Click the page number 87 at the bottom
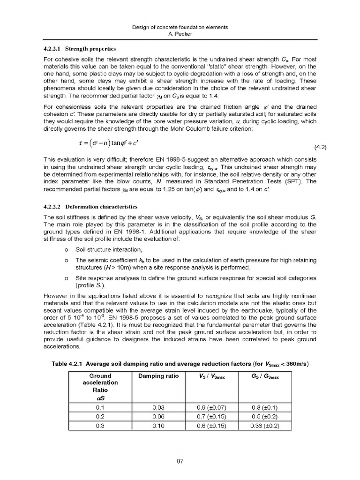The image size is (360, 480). (x=180, y=461)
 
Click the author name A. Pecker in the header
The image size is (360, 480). (x=180, y=34)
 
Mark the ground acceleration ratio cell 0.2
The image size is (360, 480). (x=100, y=417)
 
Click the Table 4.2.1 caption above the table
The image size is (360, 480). (x=180, y=364)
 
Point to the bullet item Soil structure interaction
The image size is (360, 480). (x=108, y=249)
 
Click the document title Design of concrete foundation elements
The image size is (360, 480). (x=180, y=28)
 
